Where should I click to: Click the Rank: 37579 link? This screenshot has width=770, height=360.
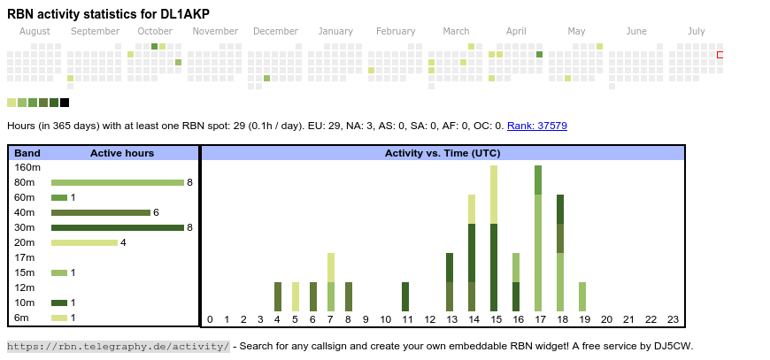point(537,126)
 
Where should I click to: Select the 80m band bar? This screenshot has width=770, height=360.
point(117,182)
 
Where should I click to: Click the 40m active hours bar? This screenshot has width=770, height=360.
point(101,212)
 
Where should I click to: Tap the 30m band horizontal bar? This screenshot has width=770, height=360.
point(117,227)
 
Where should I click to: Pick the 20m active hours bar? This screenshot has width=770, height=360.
point(84,242)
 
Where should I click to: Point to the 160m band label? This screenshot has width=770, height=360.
point(27,167)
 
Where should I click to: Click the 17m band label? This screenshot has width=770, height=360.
point(25,257)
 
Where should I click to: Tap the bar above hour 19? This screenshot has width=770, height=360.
point(582,296)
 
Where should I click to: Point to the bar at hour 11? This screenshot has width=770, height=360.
point(405,296)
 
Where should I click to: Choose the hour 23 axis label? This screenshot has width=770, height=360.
point(673,319)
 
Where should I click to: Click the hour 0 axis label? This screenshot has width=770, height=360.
point(210,319)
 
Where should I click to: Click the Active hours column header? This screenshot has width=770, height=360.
point(122,153)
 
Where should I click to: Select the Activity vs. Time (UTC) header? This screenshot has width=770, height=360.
point(443,153)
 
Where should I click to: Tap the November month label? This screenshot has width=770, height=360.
point(215,32)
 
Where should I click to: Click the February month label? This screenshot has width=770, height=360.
point(396,32)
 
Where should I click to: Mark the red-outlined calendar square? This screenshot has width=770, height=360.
point(720,55)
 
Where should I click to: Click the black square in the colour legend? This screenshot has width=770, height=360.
point(65,103)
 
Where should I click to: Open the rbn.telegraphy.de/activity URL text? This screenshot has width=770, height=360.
point(119,346)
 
